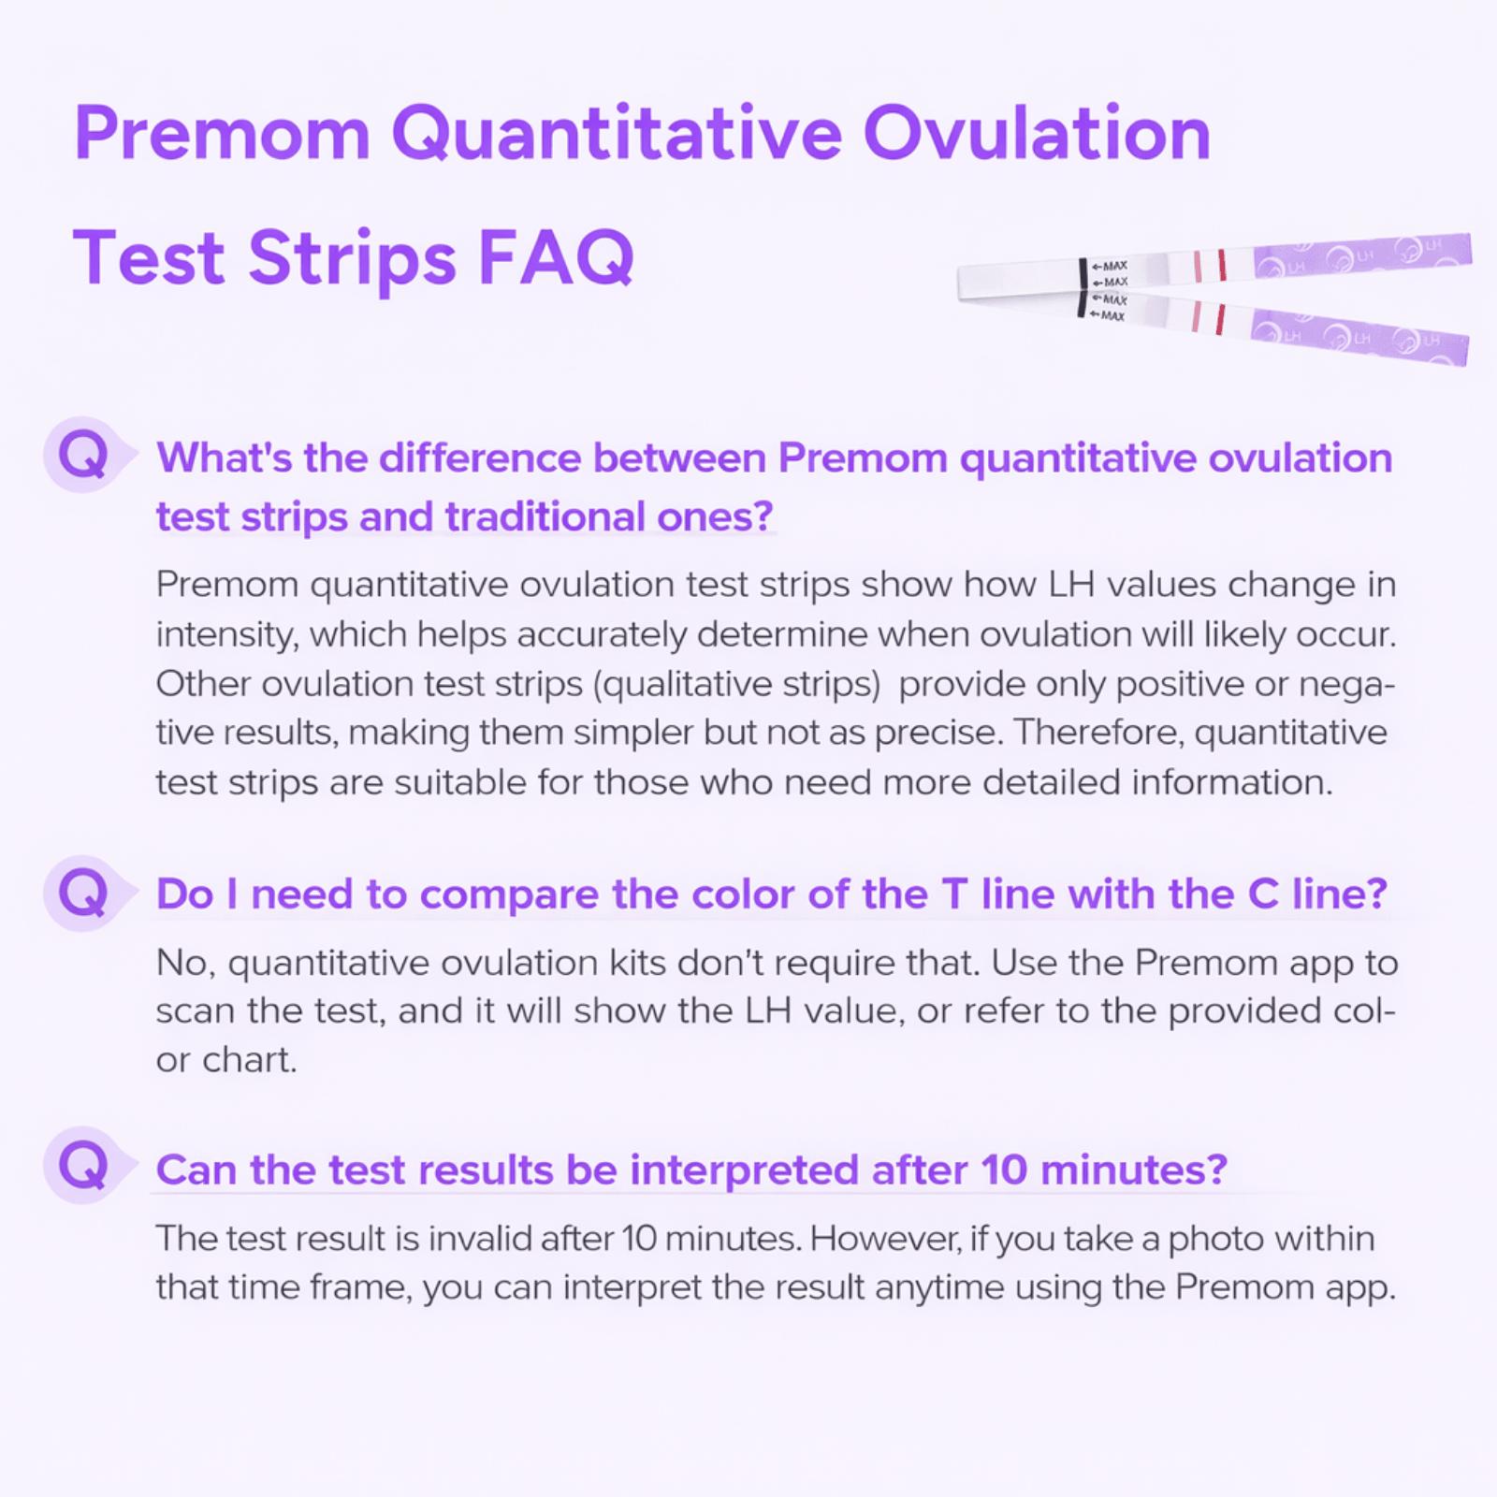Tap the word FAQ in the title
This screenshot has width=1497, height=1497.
coord(556,257)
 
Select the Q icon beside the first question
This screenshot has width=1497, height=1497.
coord(82,456)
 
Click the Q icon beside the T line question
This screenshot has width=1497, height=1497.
coord(82,893)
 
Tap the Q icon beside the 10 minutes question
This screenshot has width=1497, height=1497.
coord(82,1166)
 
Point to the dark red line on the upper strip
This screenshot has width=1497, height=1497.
coord(1221,265)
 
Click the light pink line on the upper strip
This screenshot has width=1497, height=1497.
coord(1197,266)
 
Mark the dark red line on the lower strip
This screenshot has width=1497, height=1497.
coord(1219,319)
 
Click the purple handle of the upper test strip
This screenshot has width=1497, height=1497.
coord(1361,255)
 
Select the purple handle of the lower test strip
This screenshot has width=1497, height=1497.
coord(1361,337)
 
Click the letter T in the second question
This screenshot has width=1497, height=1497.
coord(953,894)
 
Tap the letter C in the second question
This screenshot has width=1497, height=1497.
coord(1262,894)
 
